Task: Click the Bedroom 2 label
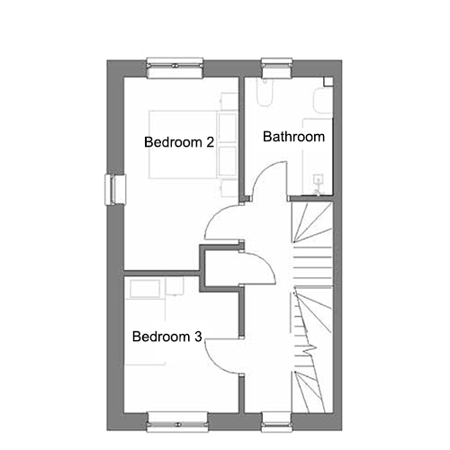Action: (x=179, y=142)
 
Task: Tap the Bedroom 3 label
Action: (x=167, y=337)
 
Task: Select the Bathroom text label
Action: (x=293, y=137)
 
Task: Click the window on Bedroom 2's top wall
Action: (x=175, y=68)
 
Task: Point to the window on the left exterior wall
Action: (x=115, y=190)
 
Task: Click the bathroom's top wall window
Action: (x=276, y=67)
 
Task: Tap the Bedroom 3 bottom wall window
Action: (x=178, y=422)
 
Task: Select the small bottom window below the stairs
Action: (x=276, y=422)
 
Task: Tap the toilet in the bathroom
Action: (x=265, y=93)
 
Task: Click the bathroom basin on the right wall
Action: (x=322, y=101)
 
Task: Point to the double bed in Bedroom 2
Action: (x=193, y=145)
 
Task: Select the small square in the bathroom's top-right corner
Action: (x=328, y=82)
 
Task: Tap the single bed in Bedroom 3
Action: (x=145, y=322)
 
